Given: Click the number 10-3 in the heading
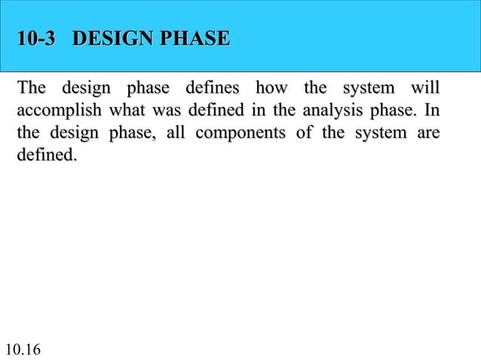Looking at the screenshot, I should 37,38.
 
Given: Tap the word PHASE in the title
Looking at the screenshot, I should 190,38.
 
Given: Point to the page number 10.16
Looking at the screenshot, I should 23,349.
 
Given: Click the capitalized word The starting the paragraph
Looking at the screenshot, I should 31,89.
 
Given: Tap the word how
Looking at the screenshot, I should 272,89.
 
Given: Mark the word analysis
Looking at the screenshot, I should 331,112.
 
